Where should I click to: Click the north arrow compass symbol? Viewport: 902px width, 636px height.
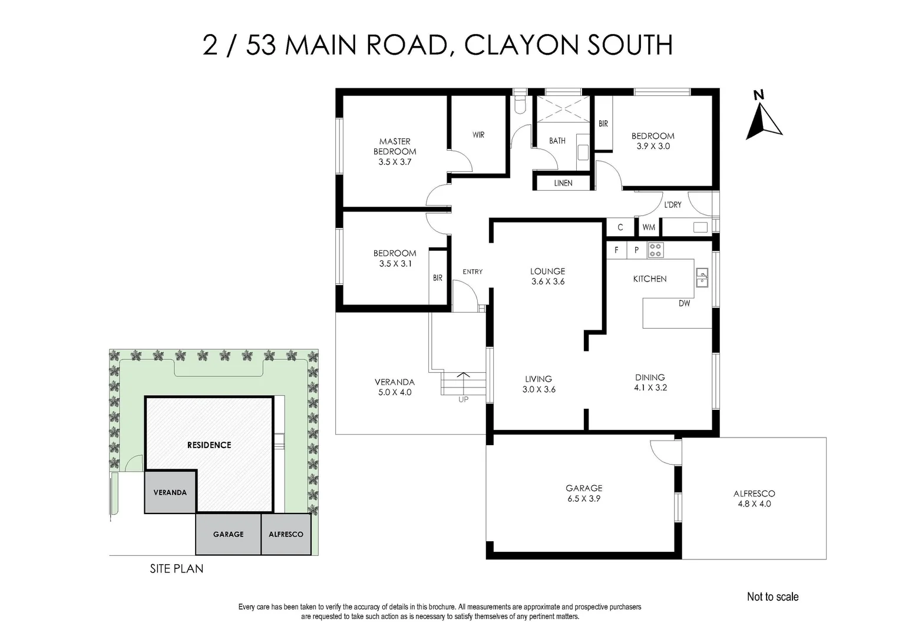click(x=764, y=120)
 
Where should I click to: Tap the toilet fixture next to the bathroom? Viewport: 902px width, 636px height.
click(x=520, y=104)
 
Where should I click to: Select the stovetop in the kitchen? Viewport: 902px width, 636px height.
click(x=655, y=250)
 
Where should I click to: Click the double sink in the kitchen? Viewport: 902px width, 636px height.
click(x=702, y=277)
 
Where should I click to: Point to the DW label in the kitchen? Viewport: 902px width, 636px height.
click(x=684, y=303)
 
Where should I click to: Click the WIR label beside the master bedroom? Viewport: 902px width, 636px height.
click(x=478, y=135)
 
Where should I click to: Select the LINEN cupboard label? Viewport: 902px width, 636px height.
click(x=563, y=183)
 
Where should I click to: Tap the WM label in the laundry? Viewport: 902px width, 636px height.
click(x=649, y=227)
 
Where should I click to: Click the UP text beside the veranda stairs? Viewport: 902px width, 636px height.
click(x=463, y=399)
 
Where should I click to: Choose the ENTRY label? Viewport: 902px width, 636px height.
click(x=473, y=271)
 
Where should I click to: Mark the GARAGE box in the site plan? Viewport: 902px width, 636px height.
click(x=228, y=534)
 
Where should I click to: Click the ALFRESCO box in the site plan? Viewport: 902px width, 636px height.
click(x=286, y=534)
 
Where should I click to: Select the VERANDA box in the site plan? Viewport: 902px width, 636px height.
click(x=170, y=492)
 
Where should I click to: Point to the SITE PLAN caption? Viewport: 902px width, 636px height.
click(x=176, y=568)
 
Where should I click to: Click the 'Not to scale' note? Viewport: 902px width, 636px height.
click(x=772, y=597)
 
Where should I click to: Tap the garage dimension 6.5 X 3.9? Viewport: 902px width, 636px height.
click(x=584, y=498)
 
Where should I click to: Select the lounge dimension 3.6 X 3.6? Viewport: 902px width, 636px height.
click(x=547, y=281)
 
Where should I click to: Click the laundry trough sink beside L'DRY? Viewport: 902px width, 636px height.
click(x=700, y=227)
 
